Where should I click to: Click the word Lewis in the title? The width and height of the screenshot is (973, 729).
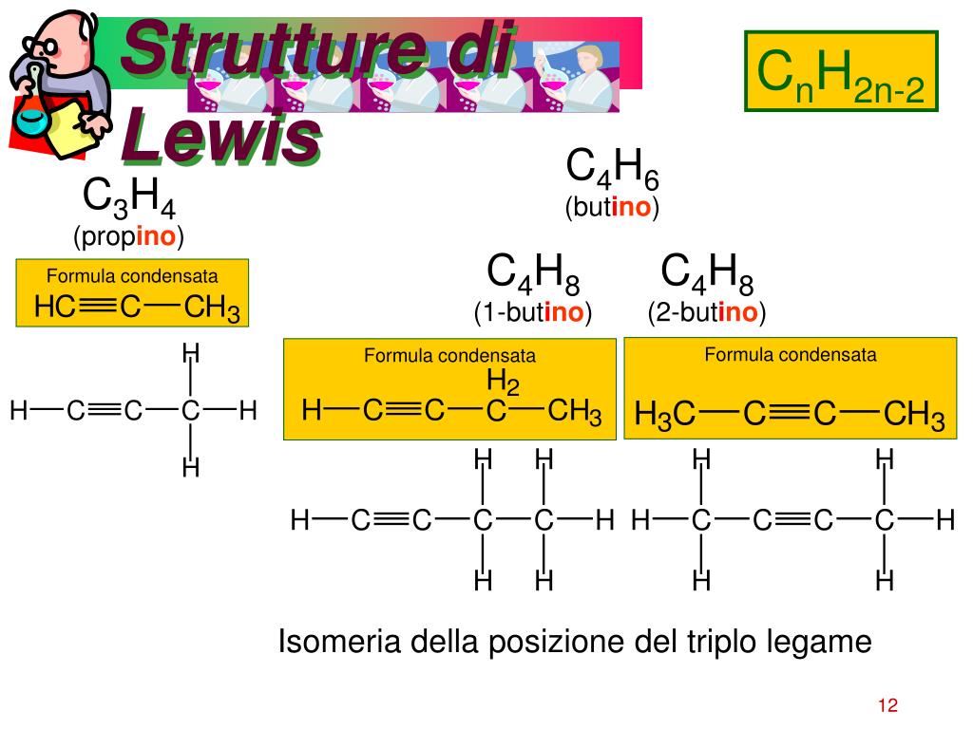219,134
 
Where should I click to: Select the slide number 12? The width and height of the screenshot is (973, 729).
887,705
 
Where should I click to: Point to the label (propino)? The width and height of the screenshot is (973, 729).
128,236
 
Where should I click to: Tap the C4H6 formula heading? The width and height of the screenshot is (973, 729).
612,169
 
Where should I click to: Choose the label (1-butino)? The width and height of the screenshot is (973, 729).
533,312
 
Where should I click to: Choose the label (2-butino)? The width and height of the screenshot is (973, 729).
707,312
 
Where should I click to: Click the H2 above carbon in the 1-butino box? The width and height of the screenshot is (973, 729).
503,383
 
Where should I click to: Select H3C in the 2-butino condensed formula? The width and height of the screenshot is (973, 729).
665,415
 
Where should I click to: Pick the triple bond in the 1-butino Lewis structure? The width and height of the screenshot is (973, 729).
391,520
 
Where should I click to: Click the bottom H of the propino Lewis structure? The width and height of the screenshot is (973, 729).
191,468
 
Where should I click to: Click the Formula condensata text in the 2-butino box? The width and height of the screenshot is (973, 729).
790,355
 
